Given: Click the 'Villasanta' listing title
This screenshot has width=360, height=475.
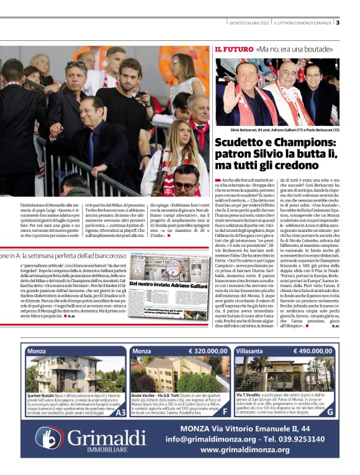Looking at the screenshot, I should [250, 350].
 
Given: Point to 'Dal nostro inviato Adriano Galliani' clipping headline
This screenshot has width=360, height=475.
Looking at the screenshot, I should [159, 284].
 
